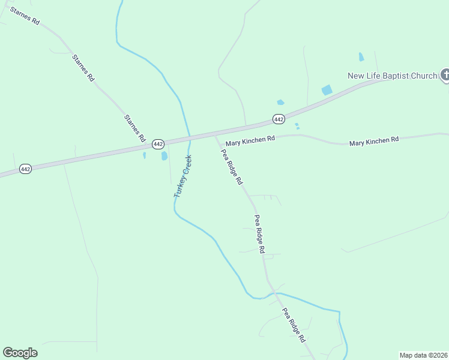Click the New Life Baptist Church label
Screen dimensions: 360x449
(x=393, y=76)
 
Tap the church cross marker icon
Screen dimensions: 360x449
(x=445, y=75)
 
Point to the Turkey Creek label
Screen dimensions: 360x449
(x=182, y=176)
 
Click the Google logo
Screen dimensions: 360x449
(x=20, y=353)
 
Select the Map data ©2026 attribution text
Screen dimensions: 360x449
(x=423, y=355)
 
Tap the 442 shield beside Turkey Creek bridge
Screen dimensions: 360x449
(x=158, y=144)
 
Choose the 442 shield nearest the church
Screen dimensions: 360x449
(x=279, y=119)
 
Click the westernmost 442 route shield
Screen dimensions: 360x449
(x=25, y=169)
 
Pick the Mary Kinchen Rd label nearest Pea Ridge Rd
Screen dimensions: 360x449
(x=250, y=139)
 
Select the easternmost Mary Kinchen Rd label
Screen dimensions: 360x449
(x=374, y=141)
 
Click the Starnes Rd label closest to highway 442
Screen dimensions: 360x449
(x=135, y=127)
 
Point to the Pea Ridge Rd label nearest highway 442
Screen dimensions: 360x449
(x=232, y=167)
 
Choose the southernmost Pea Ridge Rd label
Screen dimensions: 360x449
(x=295, y=325)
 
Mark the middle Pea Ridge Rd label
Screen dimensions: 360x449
(x=259, y=234)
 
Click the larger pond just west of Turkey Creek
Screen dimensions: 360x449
(x=164, y=156)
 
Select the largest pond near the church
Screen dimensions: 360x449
(x=327, y=90)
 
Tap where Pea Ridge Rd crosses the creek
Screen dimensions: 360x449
(x=274, y=293)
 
